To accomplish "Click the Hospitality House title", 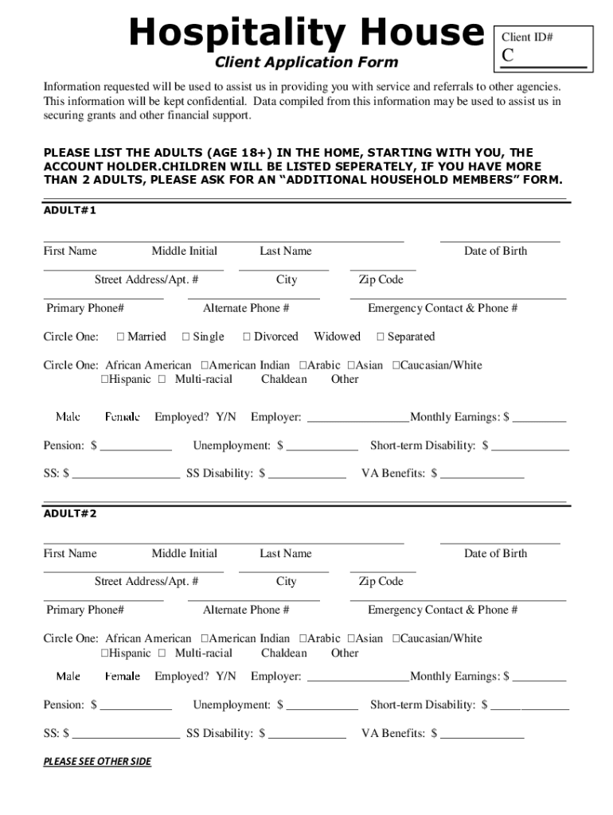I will point(306,33).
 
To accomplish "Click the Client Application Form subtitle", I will point(306,62).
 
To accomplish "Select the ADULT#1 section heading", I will point(70,210).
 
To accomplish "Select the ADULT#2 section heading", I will point(70,513).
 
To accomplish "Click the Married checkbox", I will point(121,337).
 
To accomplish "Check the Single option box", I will point(186,337).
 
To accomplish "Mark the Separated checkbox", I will point(381,337).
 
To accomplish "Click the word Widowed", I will point(337,337).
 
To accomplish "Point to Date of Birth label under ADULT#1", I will point(495,252).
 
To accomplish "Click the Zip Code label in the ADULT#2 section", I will point(381,582).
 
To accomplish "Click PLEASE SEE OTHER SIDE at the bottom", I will point(97,762).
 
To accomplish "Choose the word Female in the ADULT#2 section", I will point(123,677).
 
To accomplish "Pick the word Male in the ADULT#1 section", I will point(68,417).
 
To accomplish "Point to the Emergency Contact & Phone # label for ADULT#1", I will point(443,308).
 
